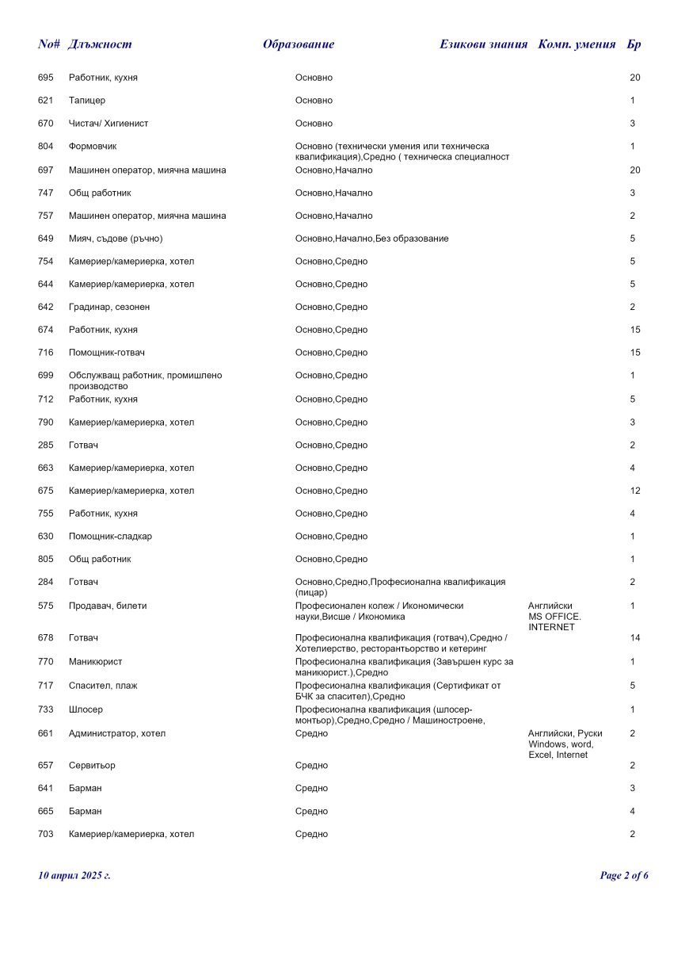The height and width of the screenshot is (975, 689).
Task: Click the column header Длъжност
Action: tap(100, 44)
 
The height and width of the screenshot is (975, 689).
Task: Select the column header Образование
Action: tap(299, 44)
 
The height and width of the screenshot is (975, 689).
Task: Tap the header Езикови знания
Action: tap(483, 44)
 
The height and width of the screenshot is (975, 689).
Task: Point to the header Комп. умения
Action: tap(577, 44)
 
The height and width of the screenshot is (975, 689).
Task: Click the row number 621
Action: tap(46, 101)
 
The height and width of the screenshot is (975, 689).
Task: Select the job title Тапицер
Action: tap(87, 101)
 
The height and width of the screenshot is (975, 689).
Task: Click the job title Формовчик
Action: tap(93, 147)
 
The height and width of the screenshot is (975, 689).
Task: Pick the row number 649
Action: tap(46, 239)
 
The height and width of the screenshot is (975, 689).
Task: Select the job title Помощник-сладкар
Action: tap(110, 537)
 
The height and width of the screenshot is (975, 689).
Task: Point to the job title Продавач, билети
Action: tap(108, 606)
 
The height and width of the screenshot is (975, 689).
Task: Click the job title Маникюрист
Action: tap(95, 662)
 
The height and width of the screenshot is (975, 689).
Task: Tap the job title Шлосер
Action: tap(86, 709)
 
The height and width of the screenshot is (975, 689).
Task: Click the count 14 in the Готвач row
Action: tap(635, 638)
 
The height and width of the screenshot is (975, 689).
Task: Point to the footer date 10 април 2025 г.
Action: tap(74, 876)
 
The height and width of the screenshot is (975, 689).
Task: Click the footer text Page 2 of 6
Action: tap(624, 876)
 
